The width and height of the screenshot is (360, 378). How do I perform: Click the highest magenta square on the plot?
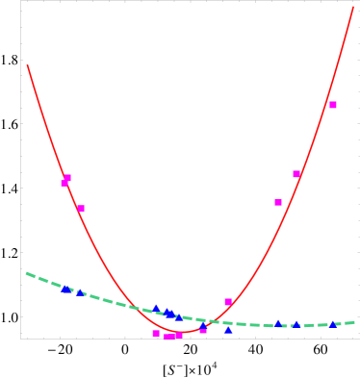[x=333, y=105]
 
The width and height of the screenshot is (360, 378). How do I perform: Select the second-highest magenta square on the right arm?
[x=296, y=174]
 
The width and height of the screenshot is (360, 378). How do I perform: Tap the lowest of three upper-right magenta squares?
[x=278, y=202]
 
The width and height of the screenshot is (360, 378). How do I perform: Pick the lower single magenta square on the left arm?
[x=81, y=208]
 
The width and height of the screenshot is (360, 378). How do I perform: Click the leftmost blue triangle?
[x=65, y=289]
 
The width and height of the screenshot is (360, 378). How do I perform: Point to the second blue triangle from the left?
[x=80, y=291]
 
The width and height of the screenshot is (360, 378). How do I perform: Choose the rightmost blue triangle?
[x=333, y=324]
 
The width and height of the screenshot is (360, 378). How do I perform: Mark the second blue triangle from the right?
[x=296, y=325]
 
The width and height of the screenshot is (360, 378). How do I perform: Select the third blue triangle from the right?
[x=278, y=323]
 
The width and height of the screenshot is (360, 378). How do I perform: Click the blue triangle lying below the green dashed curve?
[x=228, y=330]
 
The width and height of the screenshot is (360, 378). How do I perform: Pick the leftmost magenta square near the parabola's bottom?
[x=156, y=333]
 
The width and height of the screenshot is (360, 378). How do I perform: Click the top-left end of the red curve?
[x=28, y=66]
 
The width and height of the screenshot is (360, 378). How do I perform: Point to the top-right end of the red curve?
[x=354, y=8]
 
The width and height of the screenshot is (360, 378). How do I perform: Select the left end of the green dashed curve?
[x=26, y=273]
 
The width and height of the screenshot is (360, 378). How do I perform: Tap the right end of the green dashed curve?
[x=354, y=322]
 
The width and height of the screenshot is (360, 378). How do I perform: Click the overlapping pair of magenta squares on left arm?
[x=65, y=180]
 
